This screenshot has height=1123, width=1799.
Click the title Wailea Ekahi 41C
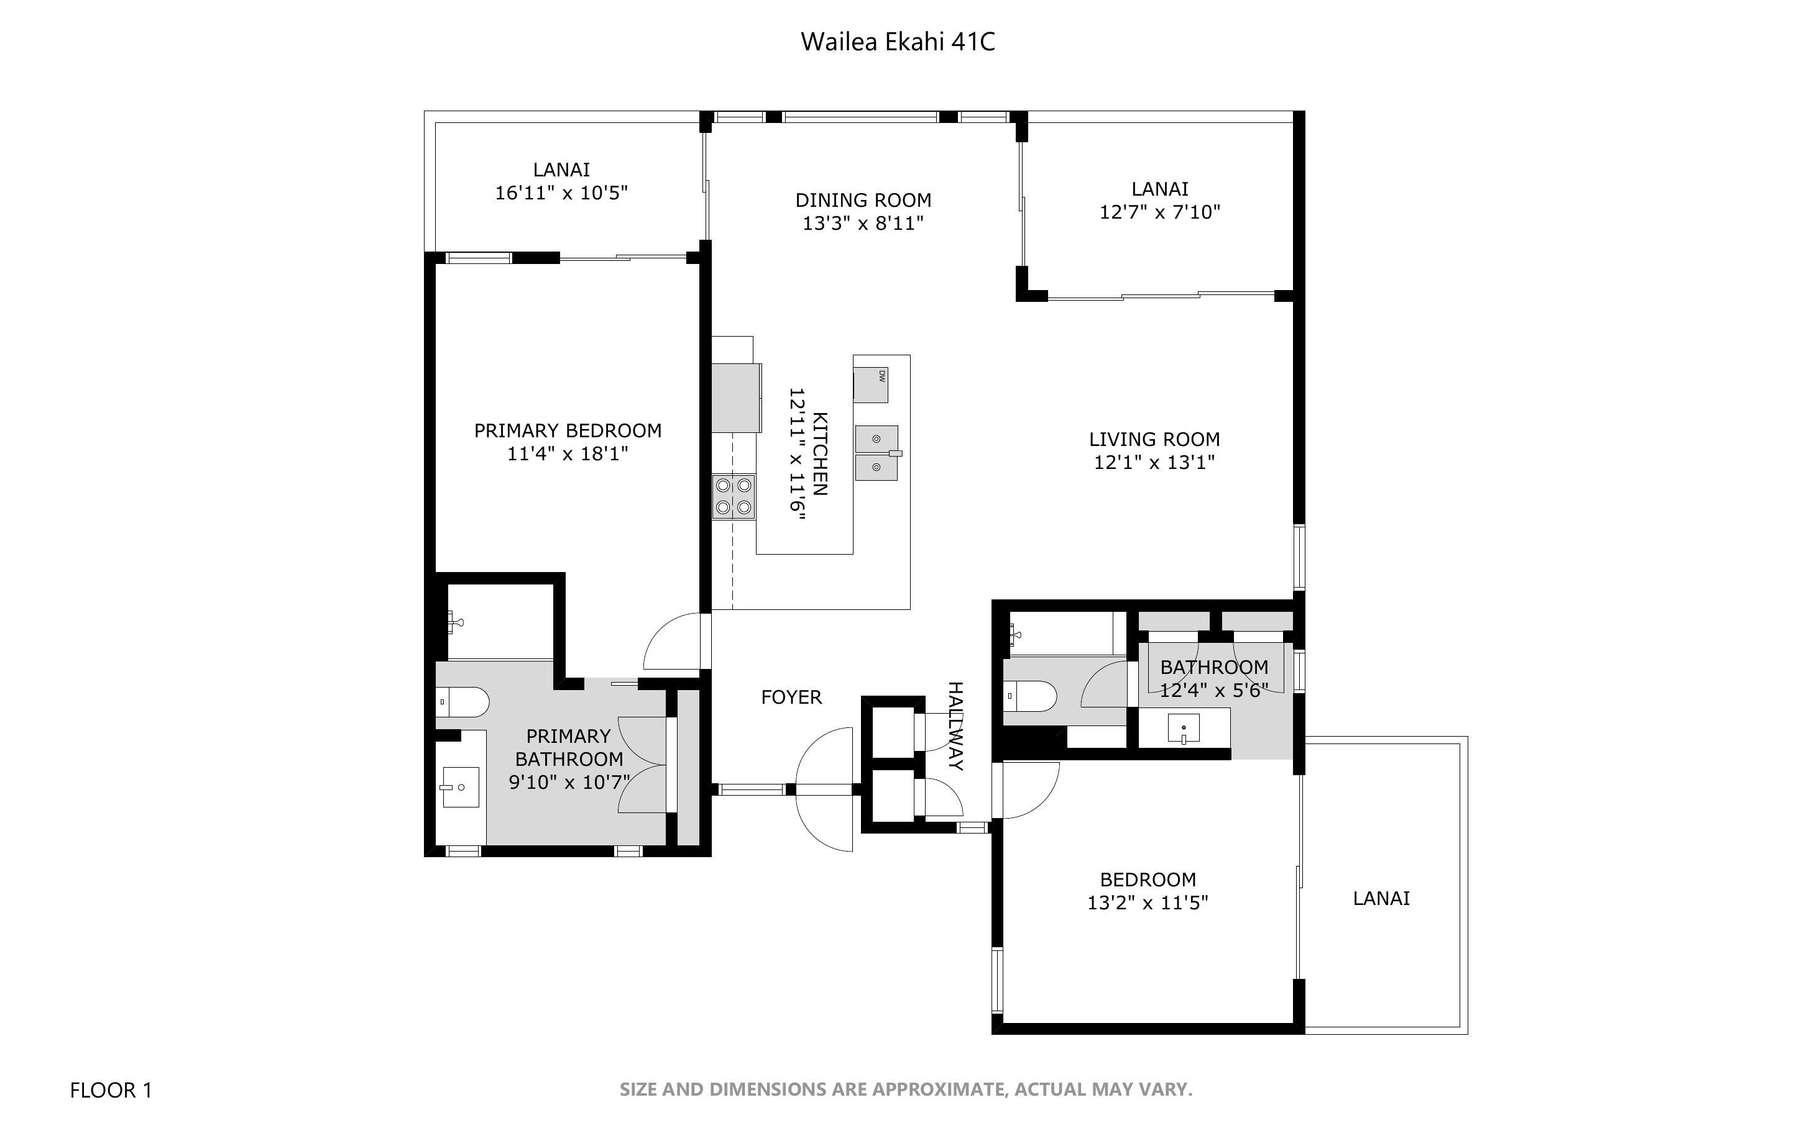pos(897,42)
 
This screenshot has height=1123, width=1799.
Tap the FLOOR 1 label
pos(111,1090)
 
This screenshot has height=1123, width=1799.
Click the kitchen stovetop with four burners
pos(734,497)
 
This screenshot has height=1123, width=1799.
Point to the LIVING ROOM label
pos(1154,439)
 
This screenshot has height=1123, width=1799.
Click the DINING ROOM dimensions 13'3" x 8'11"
pos(863,223)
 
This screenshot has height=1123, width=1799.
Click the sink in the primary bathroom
pos(460,786)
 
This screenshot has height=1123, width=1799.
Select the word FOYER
pos(791,697)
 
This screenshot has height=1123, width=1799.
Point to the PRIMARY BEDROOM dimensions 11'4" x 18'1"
pos(568,453)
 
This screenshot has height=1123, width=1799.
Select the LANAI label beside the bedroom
pos(1381,898)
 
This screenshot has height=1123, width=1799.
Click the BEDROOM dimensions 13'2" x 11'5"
pos(1148,902)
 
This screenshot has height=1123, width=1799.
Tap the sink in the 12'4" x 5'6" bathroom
pos(1183,729)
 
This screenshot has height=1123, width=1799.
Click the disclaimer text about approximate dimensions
pos(905,1089)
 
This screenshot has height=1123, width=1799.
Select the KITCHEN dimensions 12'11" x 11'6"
pos(796,452)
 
